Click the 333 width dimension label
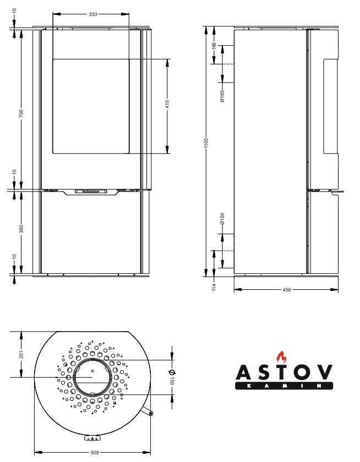[x=93, y=14]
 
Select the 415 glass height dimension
[x=167, y=104]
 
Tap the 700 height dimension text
[x=21, y=113]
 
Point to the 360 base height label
[x=21, y=229]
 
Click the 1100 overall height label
[x=206, y=143]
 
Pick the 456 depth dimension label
[x=287, y=290]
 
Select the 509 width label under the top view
[x=94, y=452]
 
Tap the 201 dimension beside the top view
[x=21, y=354]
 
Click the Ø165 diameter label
[x=222, y=96]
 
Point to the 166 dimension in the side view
[x=214, y=47]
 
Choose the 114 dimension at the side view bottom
[x=214, y=287]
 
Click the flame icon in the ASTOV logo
[x=281, y=356]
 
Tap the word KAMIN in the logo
[x=284, y=386]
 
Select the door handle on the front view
[x=91, y=191]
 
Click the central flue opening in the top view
[x=92, y=377]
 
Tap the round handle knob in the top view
[x=151, y=414]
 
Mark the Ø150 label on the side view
[x=222, y=219]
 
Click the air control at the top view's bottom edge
[x=92, y=439]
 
